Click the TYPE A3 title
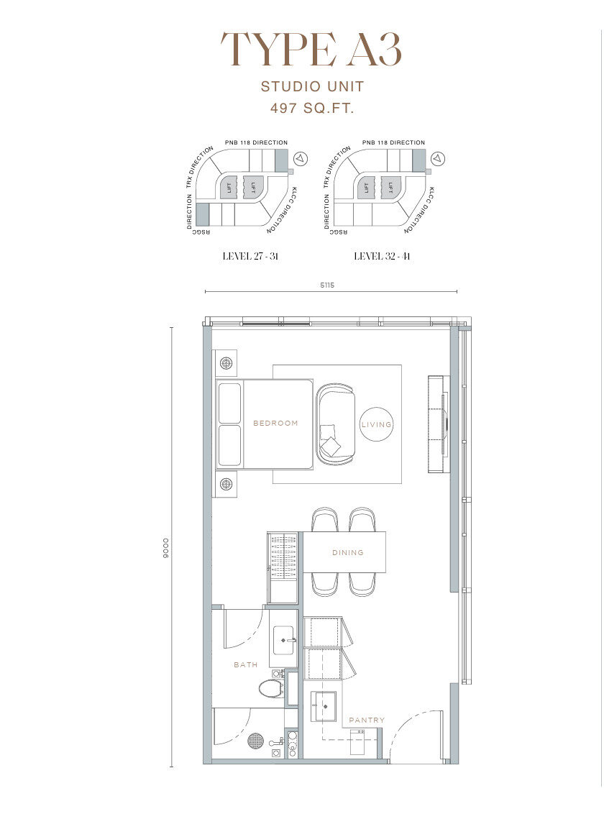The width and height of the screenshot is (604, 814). tap(311, 50)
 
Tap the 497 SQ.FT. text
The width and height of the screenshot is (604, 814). tap(312, 108)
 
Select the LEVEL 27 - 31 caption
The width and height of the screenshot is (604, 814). tap(251, 256)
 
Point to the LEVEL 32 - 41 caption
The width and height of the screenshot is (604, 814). tap(383, 256)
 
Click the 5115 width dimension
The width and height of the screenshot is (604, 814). tap(327, 285)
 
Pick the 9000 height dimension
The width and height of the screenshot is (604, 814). tap(166, 547)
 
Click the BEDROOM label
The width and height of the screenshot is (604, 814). tap(275, 423)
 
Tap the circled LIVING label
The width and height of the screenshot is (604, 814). tap(377, 424)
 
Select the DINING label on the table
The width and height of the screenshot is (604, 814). tap(348, 552)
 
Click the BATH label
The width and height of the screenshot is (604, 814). tap(245, 664)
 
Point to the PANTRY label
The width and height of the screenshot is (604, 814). tap(367, 720)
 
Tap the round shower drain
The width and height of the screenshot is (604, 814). tap(256, 740)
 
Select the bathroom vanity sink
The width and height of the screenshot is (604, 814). tap(284, 639)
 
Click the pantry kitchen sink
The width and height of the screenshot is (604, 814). tap(324, 706)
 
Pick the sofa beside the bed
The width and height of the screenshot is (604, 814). tap(336, 423)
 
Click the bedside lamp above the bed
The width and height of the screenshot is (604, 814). tap(226, 363)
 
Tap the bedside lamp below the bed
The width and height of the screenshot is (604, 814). tap(226, 485)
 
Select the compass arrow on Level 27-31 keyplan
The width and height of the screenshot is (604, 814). tap(301, 157)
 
